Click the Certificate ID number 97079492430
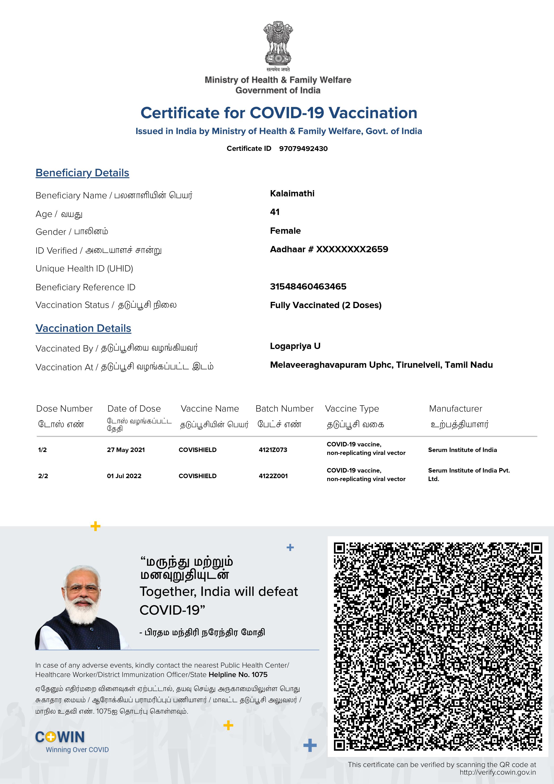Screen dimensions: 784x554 coord(303,149)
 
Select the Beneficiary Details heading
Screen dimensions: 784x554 coord(82,173)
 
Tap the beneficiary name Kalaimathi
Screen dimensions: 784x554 coord(292,194)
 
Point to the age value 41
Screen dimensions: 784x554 coord(275,212)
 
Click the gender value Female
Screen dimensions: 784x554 coord(285,231)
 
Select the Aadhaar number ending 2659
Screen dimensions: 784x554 coord(329,249)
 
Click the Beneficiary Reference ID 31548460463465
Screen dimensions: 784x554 coord(308,286)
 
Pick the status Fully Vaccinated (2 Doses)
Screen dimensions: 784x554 coord(326,305)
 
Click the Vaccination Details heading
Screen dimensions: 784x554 coord(83,328)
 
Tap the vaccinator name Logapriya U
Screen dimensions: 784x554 coord(295,346)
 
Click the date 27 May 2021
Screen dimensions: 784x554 coord(126,450)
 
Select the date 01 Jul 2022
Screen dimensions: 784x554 coord(124,476)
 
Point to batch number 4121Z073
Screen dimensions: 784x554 coord(273,450)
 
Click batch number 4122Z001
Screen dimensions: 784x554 coord(273,476)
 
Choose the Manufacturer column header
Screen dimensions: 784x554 coord(455,409)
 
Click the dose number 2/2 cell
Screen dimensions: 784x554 coord(43,476)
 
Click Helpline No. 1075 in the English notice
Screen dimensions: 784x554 coord(238,674)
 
